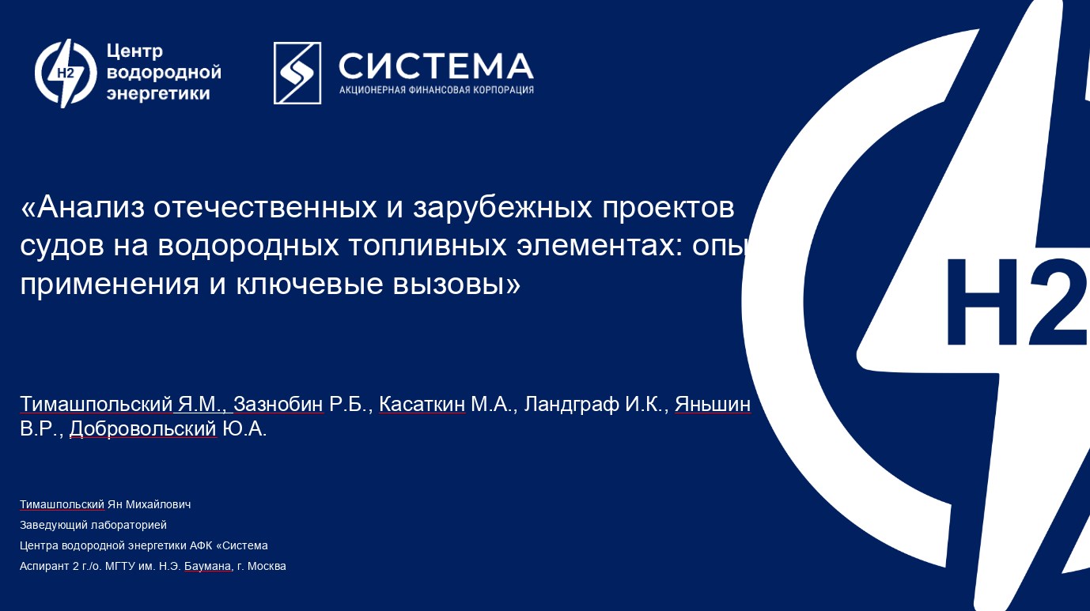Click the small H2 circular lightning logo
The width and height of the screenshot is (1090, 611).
(66, 74)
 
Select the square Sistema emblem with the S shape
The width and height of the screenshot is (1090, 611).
(297, 73)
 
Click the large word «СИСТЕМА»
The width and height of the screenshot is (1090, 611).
(436, 66)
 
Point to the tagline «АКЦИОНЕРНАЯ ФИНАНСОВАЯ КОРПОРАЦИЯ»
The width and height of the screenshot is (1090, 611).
(437, 90)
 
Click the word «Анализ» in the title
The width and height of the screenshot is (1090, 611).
(90, 207)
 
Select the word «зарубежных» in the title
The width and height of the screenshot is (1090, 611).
(502, 209)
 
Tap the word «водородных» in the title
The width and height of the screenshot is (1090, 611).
(248, 247)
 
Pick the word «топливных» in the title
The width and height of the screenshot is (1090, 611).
(428, 247)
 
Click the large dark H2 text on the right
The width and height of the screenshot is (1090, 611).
(1017, 303)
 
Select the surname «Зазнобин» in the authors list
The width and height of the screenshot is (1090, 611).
(278, 404)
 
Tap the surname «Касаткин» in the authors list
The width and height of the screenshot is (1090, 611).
(422, 404)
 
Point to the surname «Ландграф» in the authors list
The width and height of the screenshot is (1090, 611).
(571, 405)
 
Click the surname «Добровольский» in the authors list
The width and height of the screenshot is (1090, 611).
(143, 429)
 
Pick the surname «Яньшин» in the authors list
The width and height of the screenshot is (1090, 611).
(713, 404)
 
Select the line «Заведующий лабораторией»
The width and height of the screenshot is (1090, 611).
(93, 526)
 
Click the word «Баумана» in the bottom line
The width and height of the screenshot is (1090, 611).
(207, 566)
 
